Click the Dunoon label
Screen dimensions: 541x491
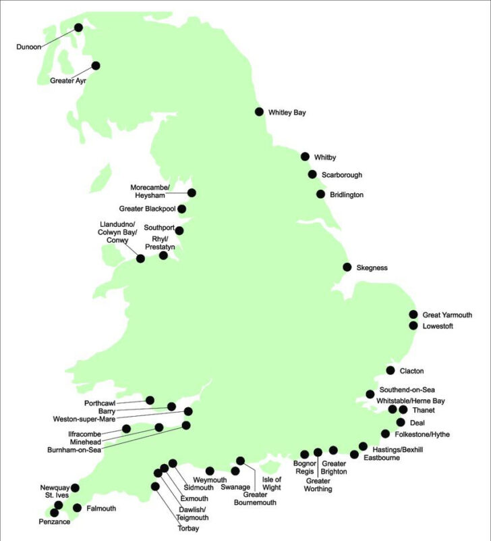[x=29, y=47]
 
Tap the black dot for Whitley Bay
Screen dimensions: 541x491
[x=259, y=112]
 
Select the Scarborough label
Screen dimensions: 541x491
[x=341, y=175]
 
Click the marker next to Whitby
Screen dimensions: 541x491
[x=306, y=156]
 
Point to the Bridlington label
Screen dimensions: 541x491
[x=347, y=195]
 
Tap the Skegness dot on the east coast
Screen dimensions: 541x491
[x=347, y=267]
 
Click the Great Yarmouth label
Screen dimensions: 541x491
[x=447, y=315]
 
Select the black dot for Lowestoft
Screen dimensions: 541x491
[x=413, y=326]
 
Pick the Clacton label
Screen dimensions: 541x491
[x=412, y=371]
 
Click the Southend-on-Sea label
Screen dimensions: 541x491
[x=407, y=390]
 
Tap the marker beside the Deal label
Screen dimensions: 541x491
[x=401, y=422]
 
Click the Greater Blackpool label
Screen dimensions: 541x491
[x=146, y=209]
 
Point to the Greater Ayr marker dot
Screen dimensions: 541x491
[x=96, y=66]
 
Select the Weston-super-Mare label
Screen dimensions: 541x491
[x=84, y=419]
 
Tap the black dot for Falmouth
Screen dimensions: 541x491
[x=77, y=508]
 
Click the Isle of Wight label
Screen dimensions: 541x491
[x=271, y=483]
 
